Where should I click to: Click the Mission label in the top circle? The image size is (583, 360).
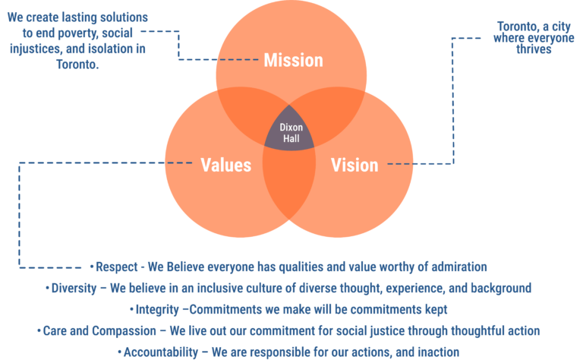click(293, 60)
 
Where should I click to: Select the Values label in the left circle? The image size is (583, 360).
click(225, 165)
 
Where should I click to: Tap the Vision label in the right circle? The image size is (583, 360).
click(355, 165)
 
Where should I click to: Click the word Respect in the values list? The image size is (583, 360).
click(116, 267)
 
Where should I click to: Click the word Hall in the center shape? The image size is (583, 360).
click(291, 138)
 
